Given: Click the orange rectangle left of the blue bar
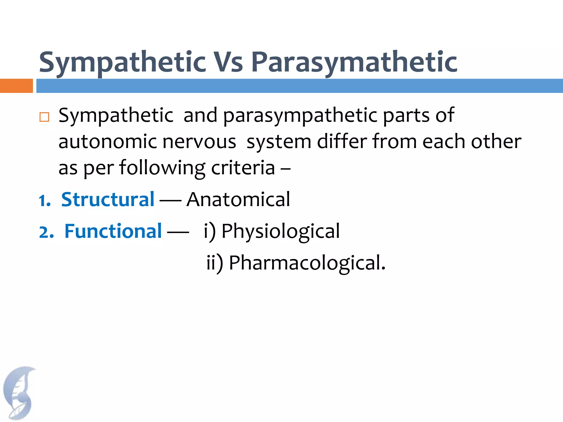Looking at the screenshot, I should [16, 86].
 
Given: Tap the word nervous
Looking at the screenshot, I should [199, 142].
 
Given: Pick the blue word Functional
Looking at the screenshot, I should [113, 231].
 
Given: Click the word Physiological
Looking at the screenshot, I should [280, 231].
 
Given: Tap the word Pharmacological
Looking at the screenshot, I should [307, 263].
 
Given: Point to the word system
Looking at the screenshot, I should [279, 142].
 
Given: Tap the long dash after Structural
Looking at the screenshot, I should [170, 200].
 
